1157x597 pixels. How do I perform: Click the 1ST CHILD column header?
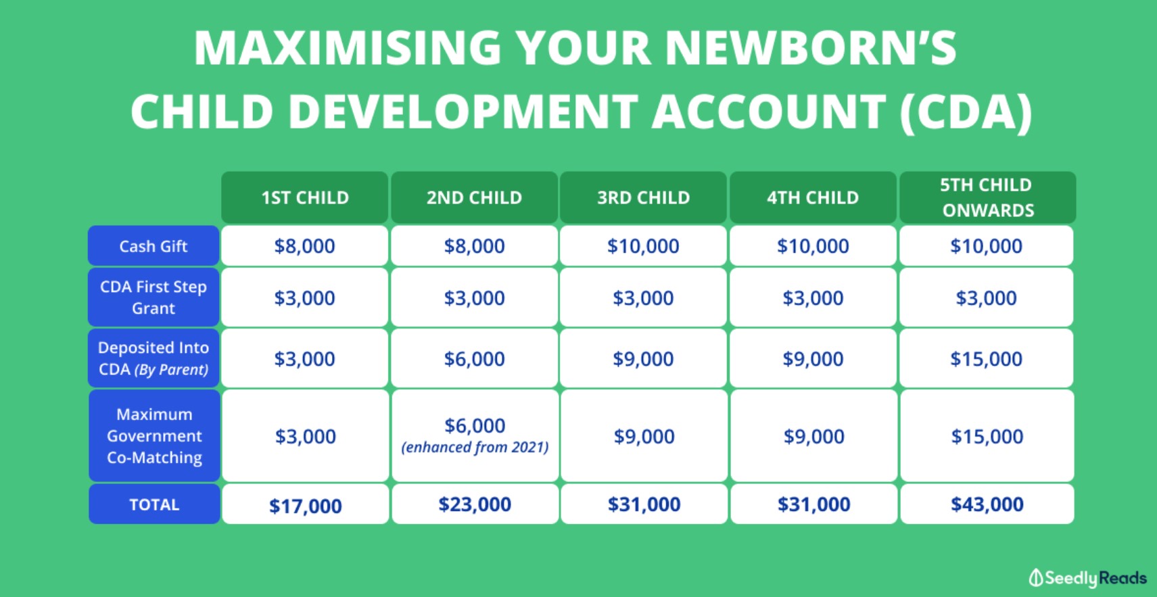(305, 197)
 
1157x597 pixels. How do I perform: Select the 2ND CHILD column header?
(474, 197)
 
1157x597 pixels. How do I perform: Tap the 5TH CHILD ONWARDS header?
(987, 197)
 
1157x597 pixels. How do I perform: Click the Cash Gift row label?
(154, 246)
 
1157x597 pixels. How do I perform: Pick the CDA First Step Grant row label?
(154, 297)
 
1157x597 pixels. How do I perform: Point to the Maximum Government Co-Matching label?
(154, 436)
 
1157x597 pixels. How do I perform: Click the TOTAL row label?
(154, 504)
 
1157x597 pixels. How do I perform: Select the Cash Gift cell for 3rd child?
(643, 246)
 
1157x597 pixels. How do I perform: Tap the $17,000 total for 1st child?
(305, 505)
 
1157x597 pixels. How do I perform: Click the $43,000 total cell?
(987, 504)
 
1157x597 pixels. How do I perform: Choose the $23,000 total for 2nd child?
(475, 504)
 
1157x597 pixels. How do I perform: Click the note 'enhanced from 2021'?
(475, 447)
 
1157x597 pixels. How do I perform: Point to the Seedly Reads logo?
(1087, 578)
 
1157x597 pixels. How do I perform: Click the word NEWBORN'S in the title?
(810, 47)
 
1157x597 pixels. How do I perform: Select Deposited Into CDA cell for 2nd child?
(474, 358)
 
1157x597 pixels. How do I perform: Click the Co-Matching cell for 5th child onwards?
(987, 436)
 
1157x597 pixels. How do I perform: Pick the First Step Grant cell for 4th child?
(813, 297)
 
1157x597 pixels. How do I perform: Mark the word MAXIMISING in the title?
(348, 47)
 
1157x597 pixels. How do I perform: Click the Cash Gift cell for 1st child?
(305, 246)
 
